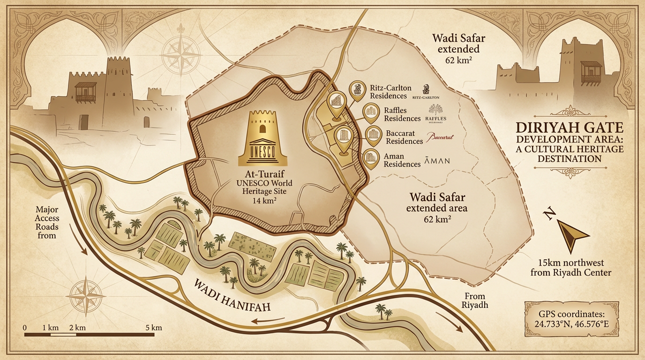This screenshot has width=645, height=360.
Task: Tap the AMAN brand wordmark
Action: click(x=436, y=161)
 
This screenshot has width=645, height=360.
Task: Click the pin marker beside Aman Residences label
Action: click(x=371, y=158)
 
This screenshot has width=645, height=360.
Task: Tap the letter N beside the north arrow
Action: click(x=549, y=214)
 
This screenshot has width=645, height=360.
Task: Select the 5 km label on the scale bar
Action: click(x=153, y=328)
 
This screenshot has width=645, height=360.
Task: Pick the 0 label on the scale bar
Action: click(x=25, y=328)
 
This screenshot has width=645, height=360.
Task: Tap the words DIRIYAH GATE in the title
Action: click(x=569, y=128)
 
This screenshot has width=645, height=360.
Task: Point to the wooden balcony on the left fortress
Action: click(x=86, y=92)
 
